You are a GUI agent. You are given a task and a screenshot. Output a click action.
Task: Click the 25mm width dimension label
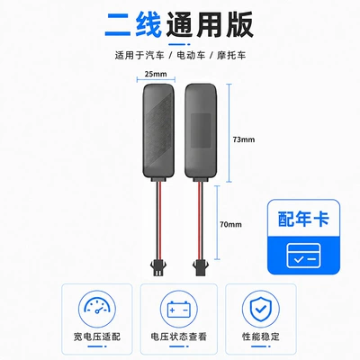point(156,74)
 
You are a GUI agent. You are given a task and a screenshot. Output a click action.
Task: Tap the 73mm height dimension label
point(244,139)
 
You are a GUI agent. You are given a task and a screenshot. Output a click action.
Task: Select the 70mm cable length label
point(230,224)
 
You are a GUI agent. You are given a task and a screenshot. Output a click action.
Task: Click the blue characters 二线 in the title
point(133,25)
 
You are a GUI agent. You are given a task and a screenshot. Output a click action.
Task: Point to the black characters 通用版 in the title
point(210,25)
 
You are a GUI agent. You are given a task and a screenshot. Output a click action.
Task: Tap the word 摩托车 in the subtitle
point(231,56)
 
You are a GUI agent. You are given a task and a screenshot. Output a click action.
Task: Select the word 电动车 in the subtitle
point(191,56)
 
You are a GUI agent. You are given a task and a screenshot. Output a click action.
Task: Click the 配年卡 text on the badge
point(303,219)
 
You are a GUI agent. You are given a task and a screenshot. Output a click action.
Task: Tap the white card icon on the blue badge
point(303,256)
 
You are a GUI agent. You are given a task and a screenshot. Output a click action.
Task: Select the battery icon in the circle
point(179,309)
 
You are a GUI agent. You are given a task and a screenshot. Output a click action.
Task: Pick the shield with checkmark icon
point(260,309)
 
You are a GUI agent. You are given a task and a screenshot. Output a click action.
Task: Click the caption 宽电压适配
point(97,337)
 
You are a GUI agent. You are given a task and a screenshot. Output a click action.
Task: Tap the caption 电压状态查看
point(179,337)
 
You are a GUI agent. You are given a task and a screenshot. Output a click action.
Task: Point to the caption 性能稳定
point(261,337)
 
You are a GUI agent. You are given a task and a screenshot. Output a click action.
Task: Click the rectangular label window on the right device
point(201,130)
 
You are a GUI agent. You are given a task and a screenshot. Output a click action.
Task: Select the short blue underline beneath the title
point(180,44)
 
